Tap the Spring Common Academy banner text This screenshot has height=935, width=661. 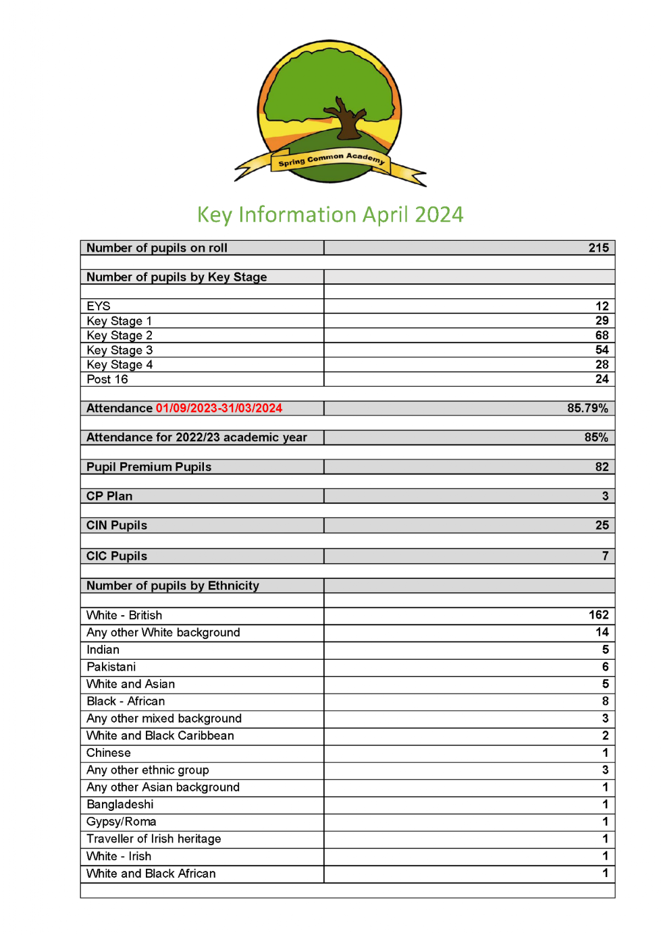tap(331, 159)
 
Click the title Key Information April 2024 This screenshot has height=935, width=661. tap(330, 215)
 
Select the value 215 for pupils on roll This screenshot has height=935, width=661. tap(598, 248)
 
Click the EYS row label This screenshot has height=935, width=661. tap(99, 306)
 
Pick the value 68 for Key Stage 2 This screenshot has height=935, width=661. tap(602, 335)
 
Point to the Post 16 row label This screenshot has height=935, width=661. tap(107, 379)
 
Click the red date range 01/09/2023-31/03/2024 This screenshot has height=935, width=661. tap(219, 408)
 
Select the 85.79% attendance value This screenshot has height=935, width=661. tap(587, 408)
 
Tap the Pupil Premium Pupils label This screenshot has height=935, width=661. tap(149, 467)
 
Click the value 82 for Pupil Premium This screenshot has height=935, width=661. tap(602, 467)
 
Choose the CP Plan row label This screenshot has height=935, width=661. tap(109, 496)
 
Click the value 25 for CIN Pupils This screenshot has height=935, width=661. tap(602, 525)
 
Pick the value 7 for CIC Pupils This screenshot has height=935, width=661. tap(605, 556)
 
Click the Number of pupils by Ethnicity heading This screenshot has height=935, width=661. tap(173, 586)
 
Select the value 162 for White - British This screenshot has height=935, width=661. tap(598, 615)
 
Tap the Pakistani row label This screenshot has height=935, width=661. tap(111, 667)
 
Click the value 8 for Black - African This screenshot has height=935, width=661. tap(605, 701)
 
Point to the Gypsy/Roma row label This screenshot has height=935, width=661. tap(122, 822)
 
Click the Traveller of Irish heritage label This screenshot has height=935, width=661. tap(154, 839)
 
